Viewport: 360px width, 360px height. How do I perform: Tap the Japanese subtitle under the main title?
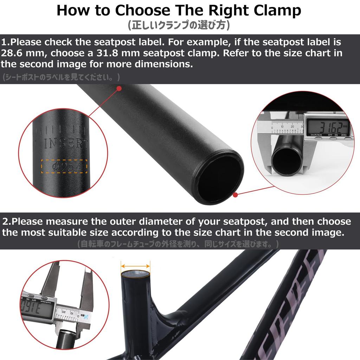click(x=179, y=25)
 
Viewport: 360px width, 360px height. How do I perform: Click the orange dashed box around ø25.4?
click(x=64, y=167)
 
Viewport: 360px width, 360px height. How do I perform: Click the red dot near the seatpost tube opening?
click(x=235, y=194)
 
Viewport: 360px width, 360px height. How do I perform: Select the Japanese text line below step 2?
click(x=178, y=244)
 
